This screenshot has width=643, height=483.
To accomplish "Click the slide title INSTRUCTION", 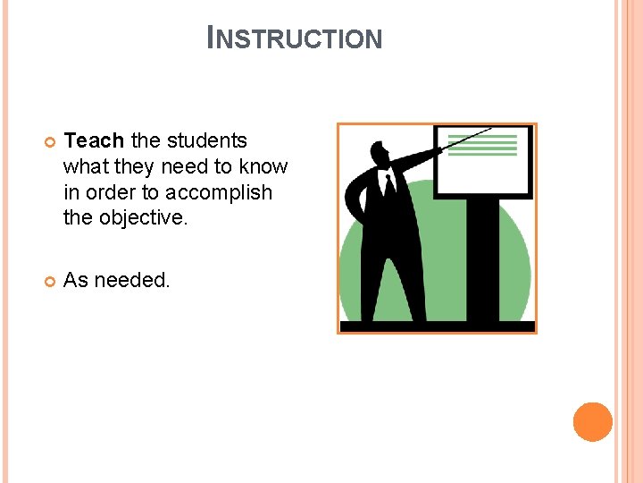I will (295, 38).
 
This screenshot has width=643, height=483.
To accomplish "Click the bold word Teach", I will (95, 140).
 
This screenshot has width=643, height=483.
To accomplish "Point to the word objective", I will (142, 218).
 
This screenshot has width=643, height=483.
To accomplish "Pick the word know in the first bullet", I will (266, 166).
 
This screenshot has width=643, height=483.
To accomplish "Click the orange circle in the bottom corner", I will (592, 422).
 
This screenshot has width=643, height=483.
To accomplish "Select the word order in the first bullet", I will (105, 192).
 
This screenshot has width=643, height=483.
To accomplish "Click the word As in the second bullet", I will (77, 280).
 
